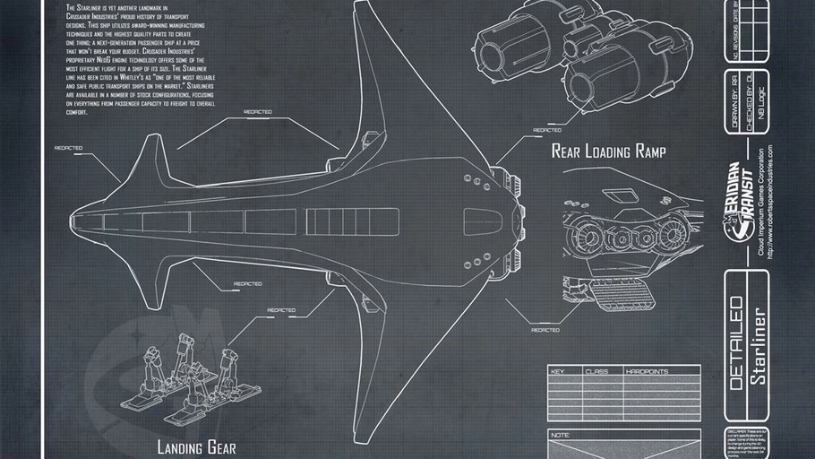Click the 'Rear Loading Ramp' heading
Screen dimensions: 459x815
point(608,151)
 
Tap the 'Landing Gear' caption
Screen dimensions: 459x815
point(196,446)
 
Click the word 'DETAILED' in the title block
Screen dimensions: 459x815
point(734,343)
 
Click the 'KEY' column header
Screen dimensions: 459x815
point(557,370)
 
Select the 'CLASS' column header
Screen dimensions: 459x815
point(596,370)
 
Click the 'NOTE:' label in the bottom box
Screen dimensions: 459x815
point(561,435)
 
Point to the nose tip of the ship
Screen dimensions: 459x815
point(71,216)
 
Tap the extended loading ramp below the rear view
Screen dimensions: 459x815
point(618,293)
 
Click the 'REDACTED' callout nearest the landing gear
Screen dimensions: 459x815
point(280,310)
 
